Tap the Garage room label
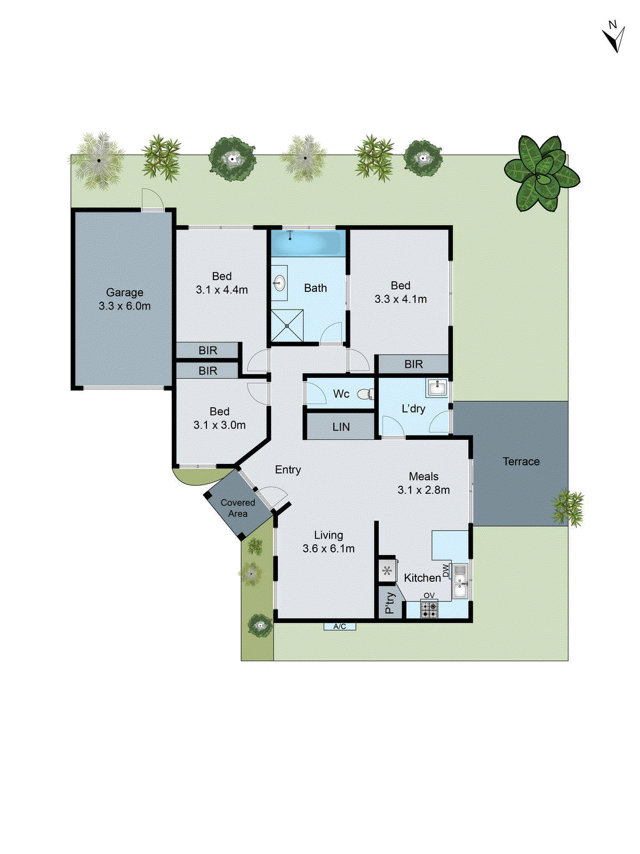coord(124,292)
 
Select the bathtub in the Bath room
coord(306,243)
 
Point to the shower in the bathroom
coord(287,325)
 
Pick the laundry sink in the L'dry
coord(437,388)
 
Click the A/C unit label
coord(340,627)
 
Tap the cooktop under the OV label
coord(429,609)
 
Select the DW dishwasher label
coord(446,571)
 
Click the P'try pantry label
coord(390,603)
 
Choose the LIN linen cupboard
coord(341,427)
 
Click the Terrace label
coord(521,462)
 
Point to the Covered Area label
coord(238,508)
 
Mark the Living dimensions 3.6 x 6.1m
coord(329,549)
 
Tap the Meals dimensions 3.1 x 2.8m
coord(423,490)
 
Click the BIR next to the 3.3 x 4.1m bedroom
coord(413,364)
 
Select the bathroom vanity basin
coord(279,283)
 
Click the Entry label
coord(288,470)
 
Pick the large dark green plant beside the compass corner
coord(541,172)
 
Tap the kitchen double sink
coord(460,581)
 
